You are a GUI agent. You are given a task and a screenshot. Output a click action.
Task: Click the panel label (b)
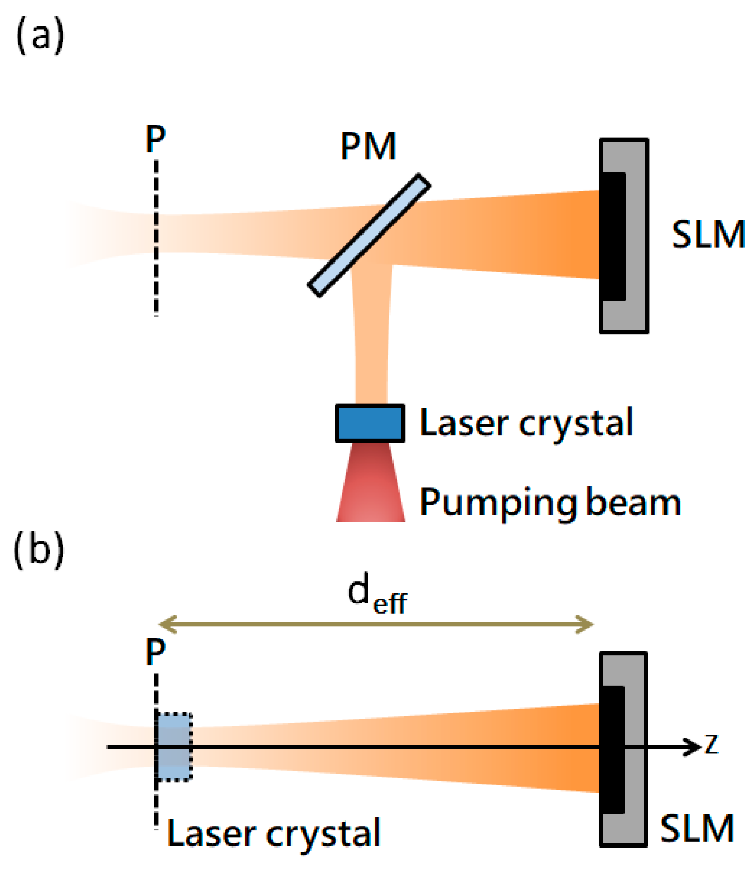tap(39, 550)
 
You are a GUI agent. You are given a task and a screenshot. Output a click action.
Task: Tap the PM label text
tap(368, 147)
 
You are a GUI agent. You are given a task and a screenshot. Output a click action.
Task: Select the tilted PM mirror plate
tap(369, 235)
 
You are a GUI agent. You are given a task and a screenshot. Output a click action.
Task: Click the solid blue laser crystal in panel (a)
tap(370, 423)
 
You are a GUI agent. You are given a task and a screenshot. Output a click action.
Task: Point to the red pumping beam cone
tap(371, 483)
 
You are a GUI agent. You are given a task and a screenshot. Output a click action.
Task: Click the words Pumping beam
tap(550, 502)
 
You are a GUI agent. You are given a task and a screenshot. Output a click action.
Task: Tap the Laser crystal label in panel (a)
tap(526, 423)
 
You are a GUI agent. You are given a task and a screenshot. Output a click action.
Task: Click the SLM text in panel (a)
tap(708, 235)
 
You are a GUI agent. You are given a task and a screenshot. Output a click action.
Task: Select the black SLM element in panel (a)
tap(614, 237)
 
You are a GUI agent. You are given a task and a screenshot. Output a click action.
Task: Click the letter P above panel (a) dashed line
tap(156, 139)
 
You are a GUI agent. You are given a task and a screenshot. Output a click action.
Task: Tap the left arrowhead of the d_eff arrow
tap(166, 624)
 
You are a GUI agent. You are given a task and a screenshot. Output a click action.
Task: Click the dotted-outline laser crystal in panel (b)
tap(174, 747)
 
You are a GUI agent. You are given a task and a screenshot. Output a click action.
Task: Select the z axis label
tap(711, 745)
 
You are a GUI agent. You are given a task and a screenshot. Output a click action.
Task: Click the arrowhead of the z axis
tap(693, 747)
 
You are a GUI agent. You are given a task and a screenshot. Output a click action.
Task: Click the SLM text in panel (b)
tap(697, 829)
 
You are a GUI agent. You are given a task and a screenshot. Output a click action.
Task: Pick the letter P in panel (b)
tap(156, 652)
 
